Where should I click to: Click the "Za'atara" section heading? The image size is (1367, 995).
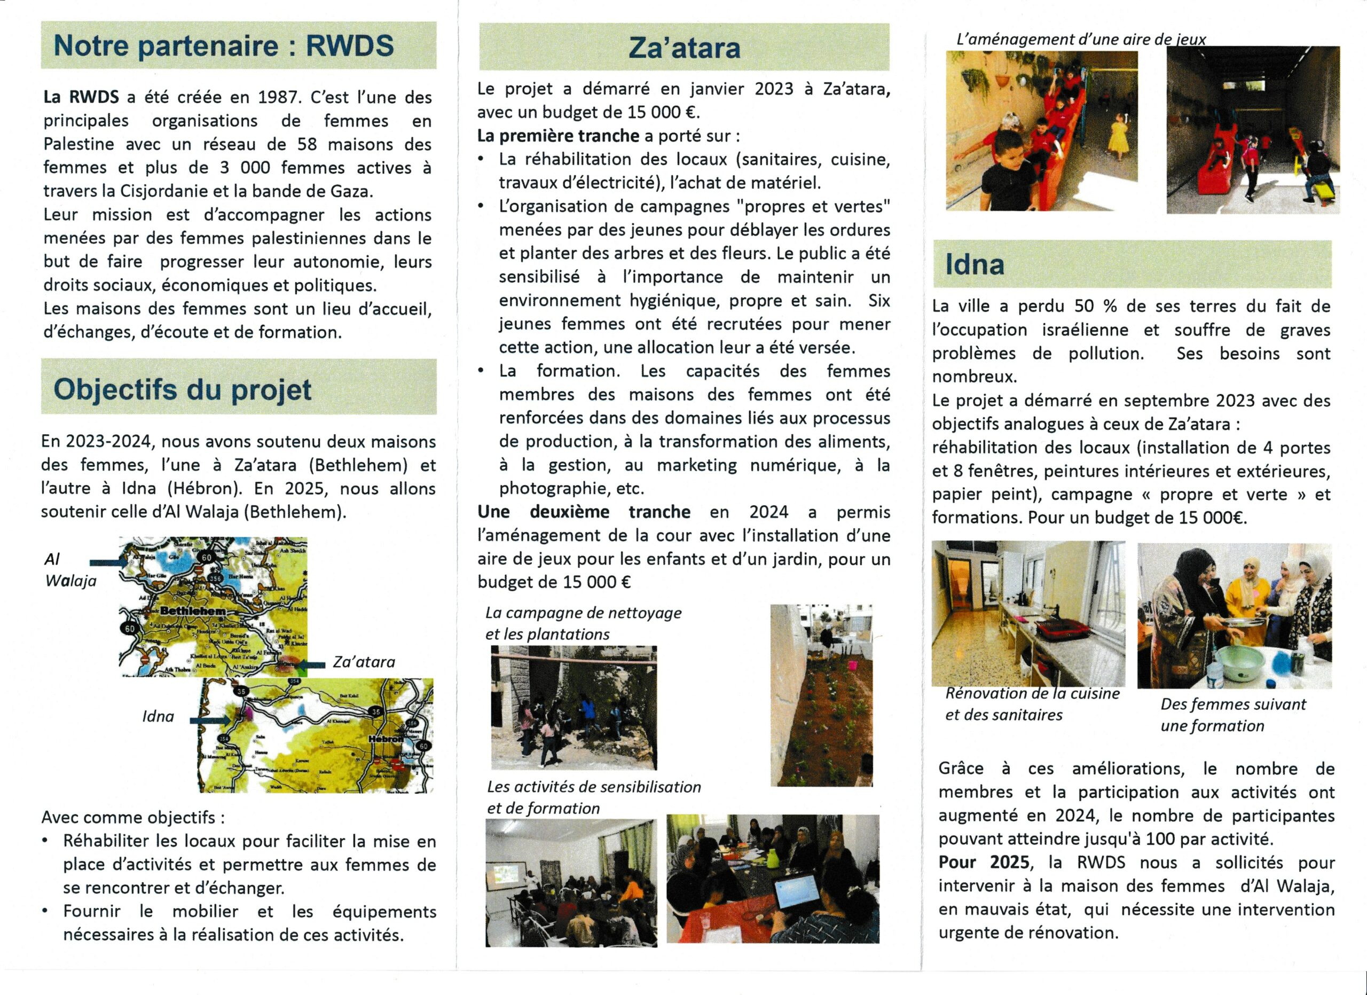pyautogui.click(x=684, y=48)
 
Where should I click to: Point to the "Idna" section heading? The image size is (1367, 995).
pyautogui.click(x=975, y=264)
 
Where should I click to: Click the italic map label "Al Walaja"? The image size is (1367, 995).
pyautogui.click(x=70, y=569)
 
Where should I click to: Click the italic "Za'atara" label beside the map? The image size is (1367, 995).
pyautogui.click(x=364, y=662)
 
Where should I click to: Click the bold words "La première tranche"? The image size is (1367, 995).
pyautogui.click(x=557, y=136)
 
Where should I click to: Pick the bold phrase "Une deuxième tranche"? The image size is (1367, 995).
pyautogui.click(x=584, y=512)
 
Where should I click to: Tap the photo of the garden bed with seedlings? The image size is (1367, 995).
pyautogui.click(x=821, y=695)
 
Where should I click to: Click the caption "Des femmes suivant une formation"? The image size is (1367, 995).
pyautogui.click(x=1232, y=714)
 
